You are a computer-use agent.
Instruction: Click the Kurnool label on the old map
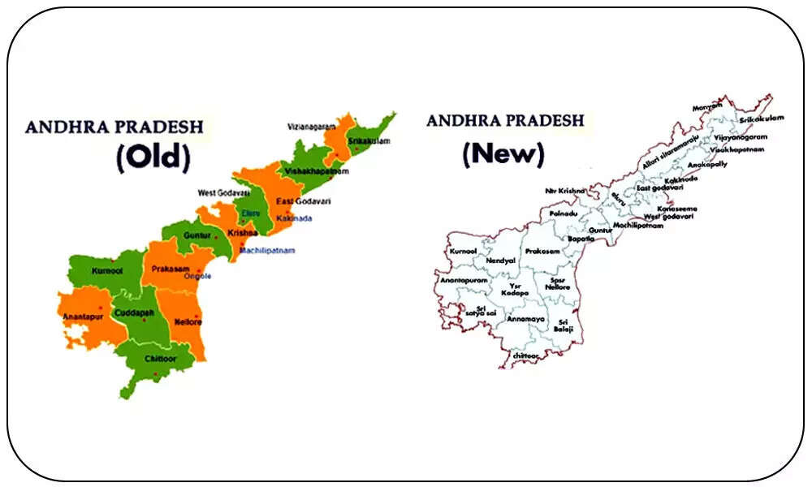(107, 270)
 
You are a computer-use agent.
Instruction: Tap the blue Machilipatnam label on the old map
(267, 250)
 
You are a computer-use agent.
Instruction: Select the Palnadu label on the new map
(563, 213)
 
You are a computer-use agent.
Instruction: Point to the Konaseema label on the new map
(676, 208)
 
